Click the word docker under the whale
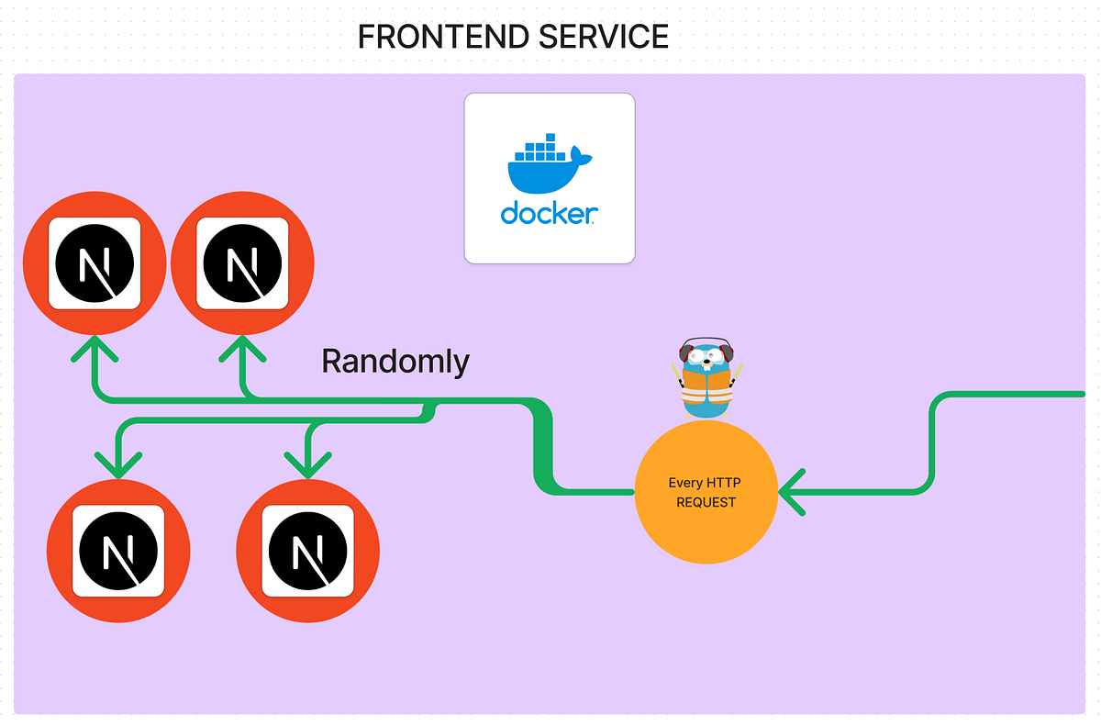[549, 214]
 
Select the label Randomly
[395, 362]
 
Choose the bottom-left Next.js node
[118, 550]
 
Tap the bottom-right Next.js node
[307, 550]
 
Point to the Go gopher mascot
[706, 378]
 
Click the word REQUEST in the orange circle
[706, 502]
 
